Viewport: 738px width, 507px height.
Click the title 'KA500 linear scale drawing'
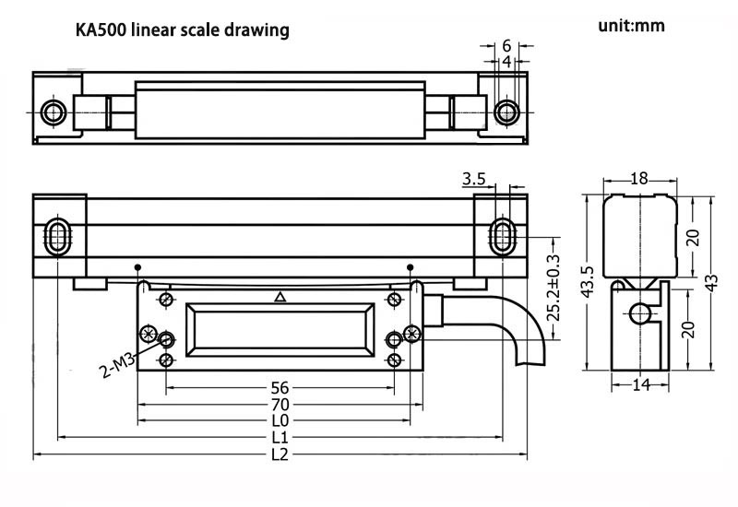[x=182, y=30]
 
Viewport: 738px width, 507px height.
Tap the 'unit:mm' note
[x=631, y=26]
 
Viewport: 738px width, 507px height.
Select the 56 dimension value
[x=280, y=387]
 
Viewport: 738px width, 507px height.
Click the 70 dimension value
[x=280, y=404]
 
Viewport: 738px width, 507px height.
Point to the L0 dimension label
[x=280, y=420]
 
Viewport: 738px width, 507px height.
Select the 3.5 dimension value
[x=474, y=178]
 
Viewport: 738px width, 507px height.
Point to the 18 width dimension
[x=638, y=179]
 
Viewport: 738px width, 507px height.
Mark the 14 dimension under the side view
[x=640, y=384]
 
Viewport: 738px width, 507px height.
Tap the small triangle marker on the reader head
[x=280, y=297]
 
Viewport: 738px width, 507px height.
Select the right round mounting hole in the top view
[x=505, y=112]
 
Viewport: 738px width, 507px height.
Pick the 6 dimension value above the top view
[x=506, y=45]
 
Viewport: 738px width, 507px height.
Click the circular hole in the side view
[x=639, y=313]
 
